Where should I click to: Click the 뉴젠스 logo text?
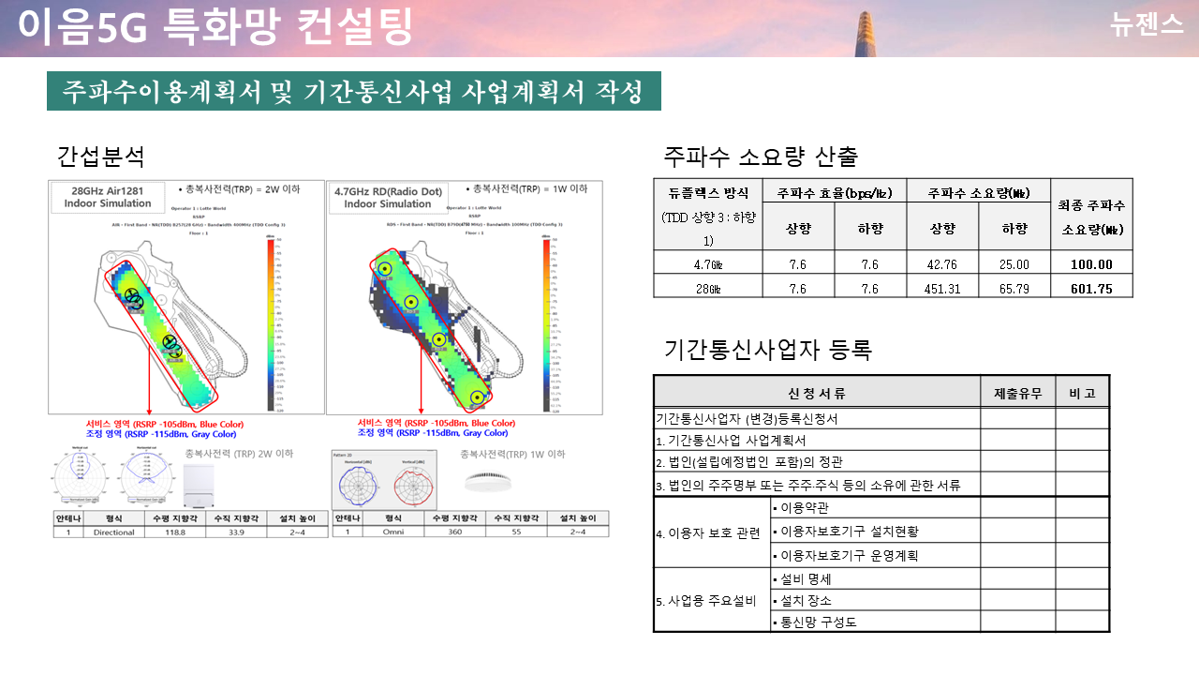1146,25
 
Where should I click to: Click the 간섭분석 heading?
100,156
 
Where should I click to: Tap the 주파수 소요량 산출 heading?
760,156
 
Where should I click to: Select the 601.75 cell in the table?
1091,289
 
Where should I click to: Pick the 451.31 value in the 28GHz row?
941,289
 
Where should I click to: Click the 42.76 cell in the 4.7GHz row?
941,265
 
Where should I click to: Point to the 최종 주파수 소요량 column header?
1091,215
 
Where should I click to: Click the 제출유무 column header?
1017,394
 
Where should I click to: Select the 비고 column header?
1082,394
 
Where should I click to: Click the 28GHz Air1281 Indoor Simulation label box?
106,196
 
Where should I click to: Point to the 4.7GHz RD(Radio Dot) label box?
388,196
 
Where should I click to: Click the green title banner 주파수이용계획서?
353,91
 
